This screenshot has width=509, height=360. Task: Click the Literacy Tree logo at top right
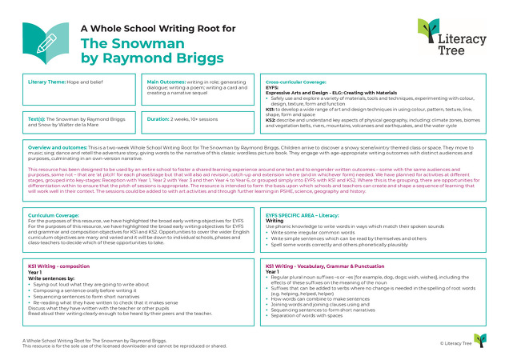449,38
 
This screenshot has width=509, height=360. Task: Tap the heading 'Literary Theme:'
46,82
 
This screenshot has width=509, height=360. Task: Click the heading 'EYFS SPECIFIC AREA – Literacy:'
307,216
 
